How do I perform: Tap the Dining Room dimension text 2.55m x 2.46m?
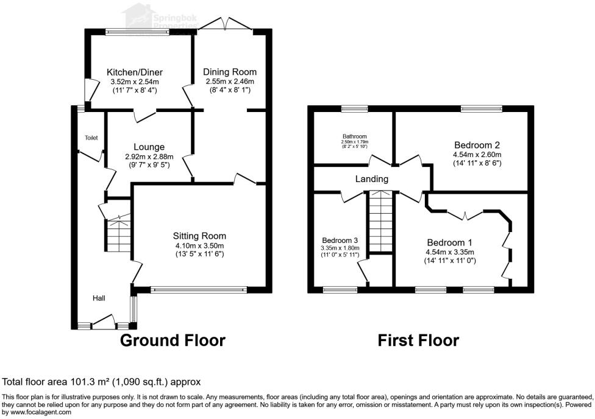(229, 81)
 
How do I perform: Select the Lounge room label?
(149, 147)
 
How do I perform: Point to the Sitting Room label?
(199, 236)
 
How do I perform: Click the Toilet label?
(91, 138)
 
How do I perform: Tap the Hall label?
(99, 298)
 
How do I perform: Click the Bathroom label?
(354, 136)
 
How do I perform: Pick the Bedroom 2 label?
(477, 145)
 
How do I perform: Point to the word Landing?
(372, 179)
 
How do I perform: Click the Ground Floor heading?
(173, 340)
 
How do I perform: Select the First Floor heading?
(418, 340)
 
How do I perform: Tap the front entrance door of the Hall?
(103, 321)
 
